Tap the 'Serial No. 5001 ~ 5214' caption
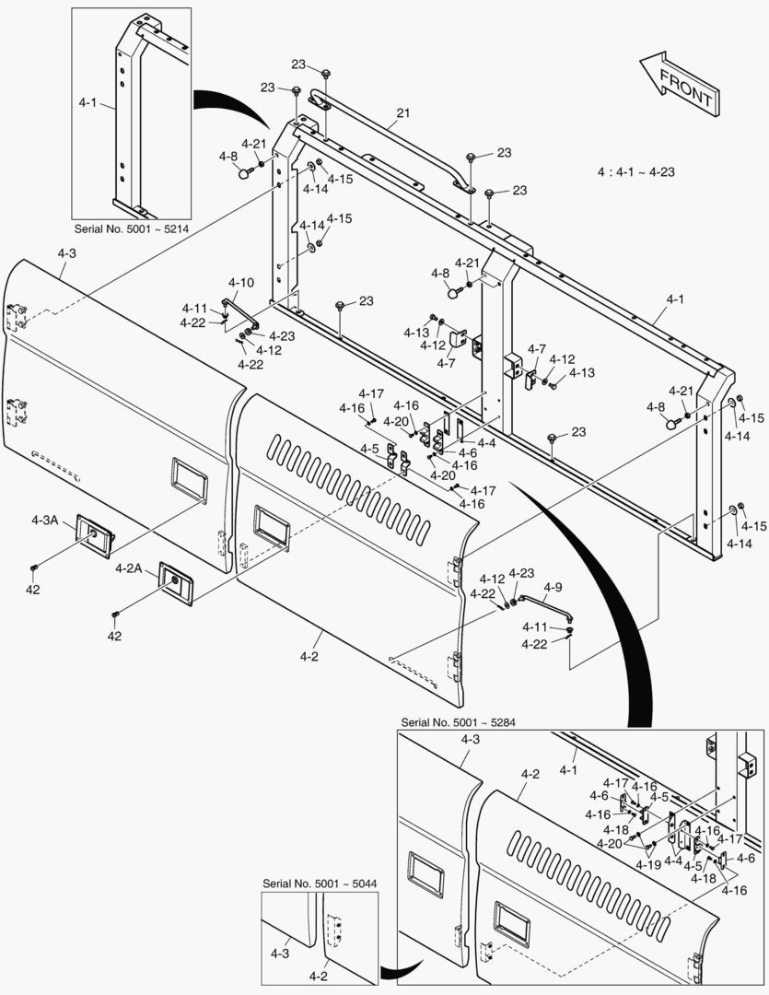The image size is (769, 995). coord(133,228)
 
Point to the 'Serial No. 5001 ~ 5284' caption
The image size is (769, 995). coord(459,721)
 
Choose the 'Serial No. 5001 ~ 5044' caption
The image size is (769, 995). coord(320,883)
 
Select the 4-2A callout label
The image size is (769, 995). coord(128,568)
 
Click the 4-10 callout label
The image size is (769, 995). coord(241,282)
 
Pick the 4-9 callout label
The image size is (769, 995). coord(553,587)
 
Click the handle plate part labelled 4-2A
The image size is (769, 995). coord(174,582)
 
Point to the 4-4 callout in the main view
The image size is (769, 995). coord(485,442)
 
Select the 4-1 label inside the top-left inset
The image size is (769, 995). coord(87,104)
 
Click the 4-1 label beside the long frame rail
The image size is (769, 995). coord(675,299)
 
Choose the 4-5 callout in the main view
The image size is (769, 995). coord(369,449)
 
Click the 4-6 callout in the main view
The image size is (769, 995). coord(467,452)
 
